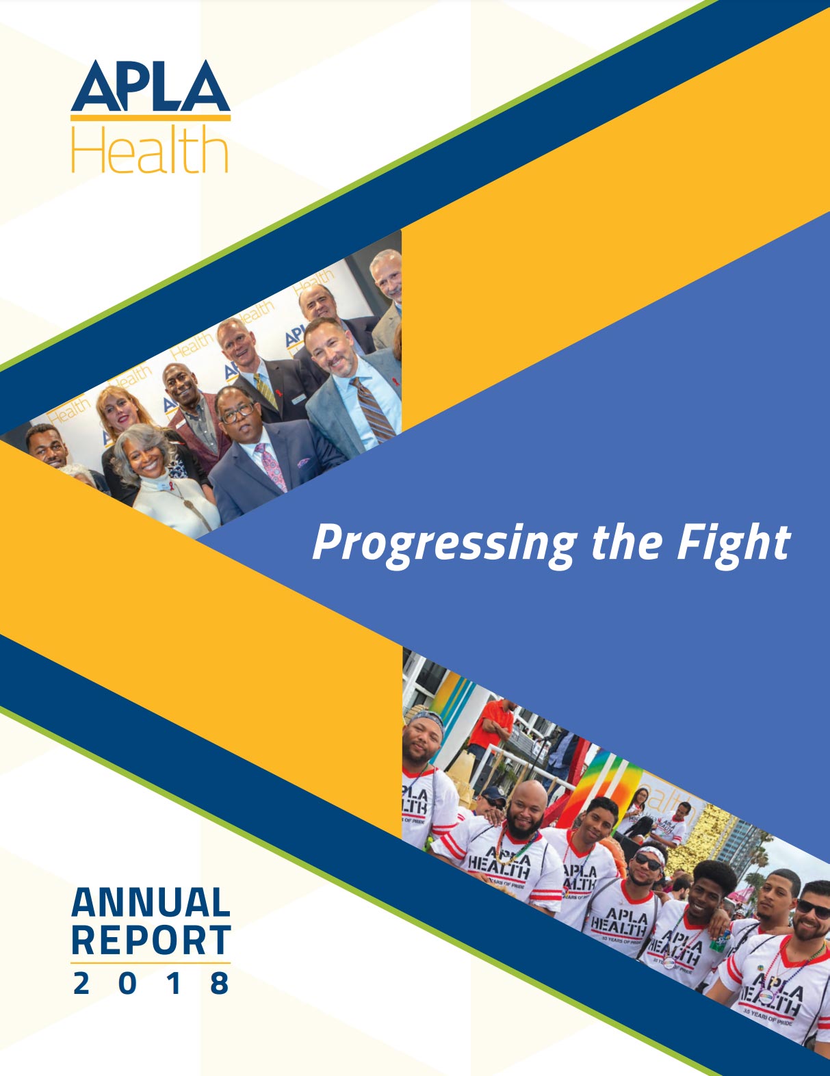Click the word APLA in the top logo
151,86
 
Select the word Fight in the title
734,545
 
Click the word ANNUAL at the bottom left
151,902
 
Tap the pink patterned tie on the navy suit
272,467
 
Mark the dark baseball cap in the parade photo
494,793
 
